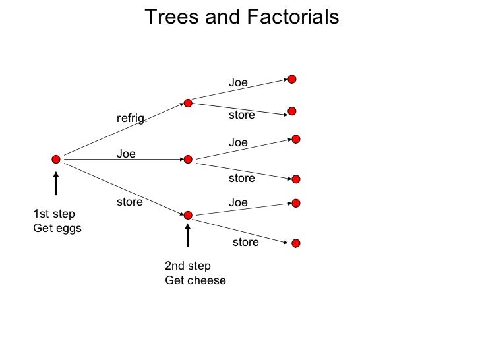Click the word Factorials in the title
tap(291, 16)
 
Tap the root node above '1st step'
tap(56, 159)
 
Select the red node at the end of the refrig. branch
tap(188, 103)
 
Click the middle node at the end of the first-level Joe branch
tap(188, 159)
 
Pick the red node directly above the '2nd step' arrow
tap(188, 215)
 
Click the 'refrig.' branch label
tap(132, 119)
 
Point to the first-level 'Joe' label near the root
tap(126, 154)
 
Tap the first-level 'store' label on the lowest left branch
tap(129, 202)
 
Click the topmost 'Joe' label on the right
tap(238, 83)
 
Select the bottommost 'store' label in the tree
tap(245, 242)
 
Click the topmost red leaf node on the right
tap(292, 79)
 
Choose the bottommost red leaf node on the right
tap(296, 243)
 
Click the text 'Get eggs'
tap(57, 228)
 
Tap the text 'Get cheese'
tap(195, 280)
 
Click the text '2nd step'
tap(188, 266)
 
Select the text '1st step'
tap(54, 214)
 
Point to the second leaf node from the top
tap(292, 111)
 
